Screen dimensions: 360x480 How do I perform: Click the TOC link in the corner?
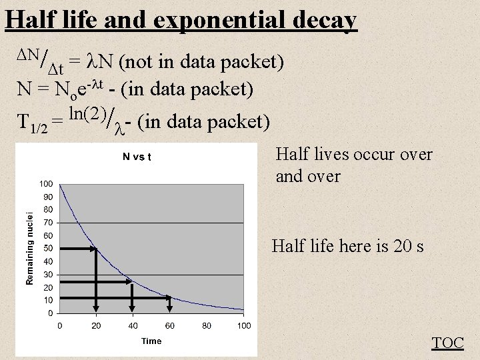tap(448, 343)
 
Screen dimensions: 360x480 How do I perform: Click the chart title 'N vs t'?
tap(136, 158)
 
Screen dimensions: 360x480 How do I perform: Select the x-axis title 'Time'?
tap(151, 341)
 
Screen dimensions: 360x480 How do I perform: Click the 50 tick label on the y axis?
tap(48, 248)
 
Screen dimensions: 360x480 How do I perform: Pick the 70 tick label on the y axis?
tap(48, 222)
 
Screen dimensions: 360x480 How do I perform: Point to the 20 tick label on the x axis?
tap(96, 325)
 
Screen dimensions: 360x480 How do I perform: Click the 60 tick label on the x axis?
tap(170, 325)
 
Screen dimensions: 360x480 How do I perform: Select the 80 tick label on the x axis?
tap(207, 325)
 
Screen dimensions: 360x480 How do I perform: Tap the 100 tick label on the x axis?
tap(244, 325)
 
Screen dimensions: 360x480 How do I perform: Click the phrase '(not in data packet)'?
tap(202, 63)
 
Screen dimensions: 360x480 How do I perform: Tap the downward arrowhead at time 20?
tap(96, 308)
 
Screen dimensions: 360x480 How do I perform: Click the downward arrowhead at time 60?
tap(170, 308)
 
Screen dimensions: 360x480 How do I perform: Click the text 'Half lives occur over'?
tap(354, 155)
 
